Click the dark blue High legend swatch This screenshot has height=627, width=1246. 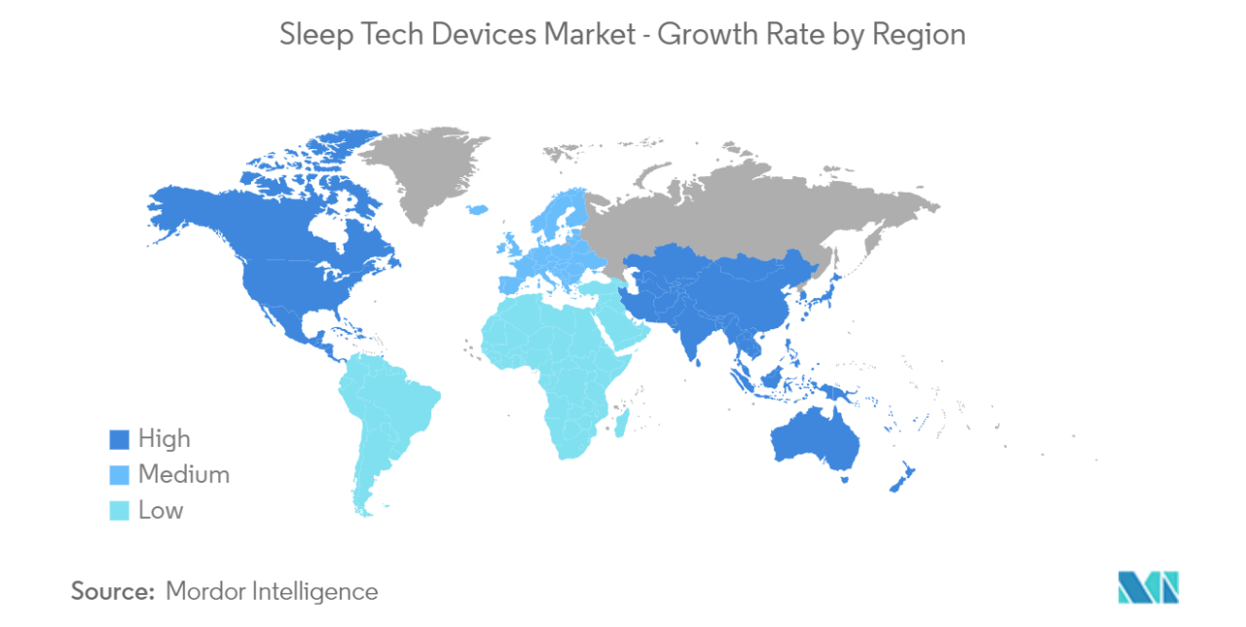coord(118,440)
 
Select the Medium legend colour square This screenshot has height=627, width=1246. coord(118,475)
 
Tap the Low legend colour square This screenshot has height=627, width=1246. coord(118,510)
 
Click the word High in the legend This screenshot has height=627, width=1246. coord(165,439)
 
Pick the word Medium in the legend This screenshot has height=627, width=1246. coord(184,475)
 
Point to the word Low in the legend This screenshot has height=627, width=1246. coord(161,510)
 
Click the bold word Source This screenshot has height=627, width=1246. coord(113,590)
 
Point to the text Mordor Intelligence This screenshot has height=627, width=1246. coord(272,590)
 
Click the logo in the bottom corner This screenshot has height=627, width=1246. coord(1148,587)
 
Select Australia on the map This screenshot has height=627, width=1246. coord(816,444)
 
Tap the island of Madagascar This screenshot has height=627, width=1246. coord(622,422)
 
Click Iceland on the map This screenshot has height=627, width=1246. coord(477,210)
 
